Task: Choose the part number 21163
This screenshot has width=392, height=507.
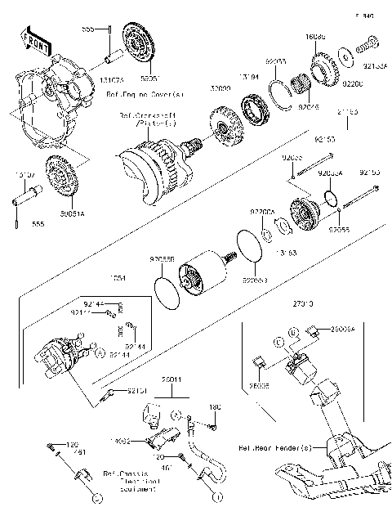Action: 346,112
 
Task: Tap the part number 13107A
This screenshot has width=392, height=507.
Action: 25,174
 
